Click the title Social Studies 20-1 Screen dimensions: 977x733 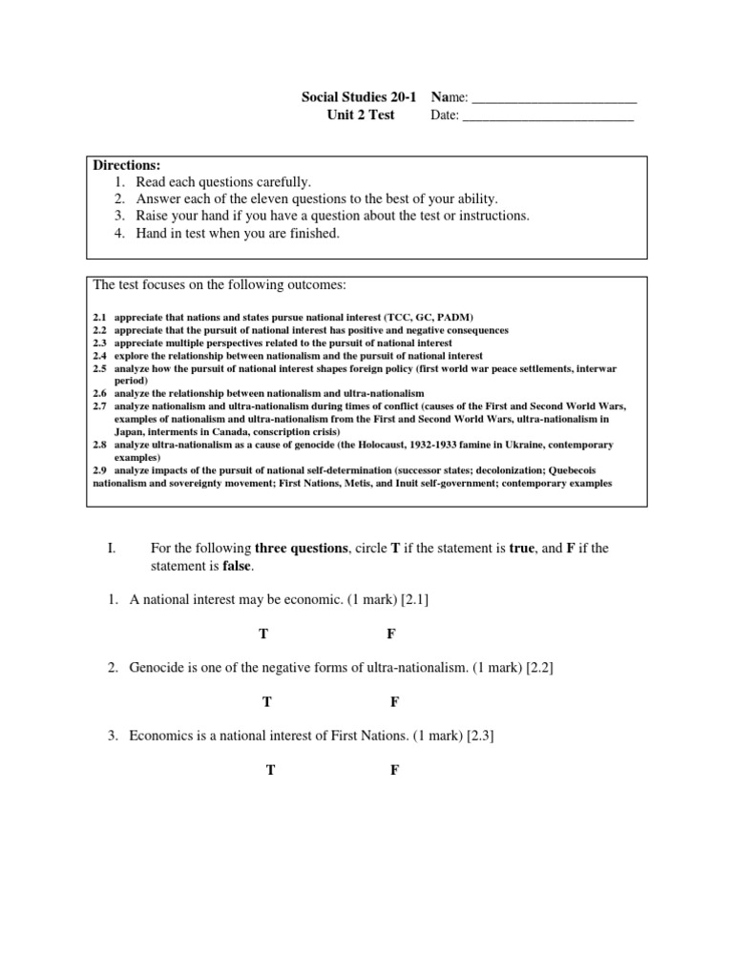360,97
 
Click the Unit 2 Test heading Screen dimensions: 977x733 360,115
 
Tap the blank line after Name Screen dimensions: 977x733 555,98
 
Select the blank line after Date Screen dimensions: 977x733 548,116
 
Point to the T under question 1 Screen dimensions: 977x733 263,634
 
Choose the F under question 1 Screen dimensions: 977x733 391,634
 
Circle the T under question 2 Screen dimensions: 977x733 267,701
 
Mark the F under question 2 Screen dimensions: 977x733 395,701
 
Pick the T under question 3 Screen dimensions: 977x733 271,770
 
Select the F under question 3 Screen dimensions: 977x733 394,770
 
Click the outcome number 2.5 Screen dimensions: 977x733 100,367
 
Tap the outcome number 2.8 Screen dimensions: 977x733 100,445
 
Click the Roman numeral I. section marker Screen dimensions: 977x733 112,549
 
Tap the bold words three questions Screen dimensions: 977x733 300,549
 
